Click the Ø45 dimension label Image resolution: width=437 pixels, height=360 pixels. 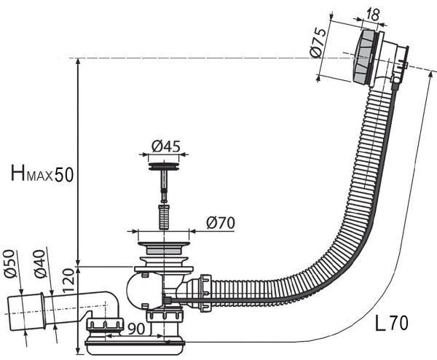point(165,146)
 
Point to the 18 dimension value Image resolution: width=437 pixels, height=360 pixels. point(372,14)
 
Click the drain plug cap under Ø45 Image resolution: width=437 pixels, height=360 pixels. point(165,168)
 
